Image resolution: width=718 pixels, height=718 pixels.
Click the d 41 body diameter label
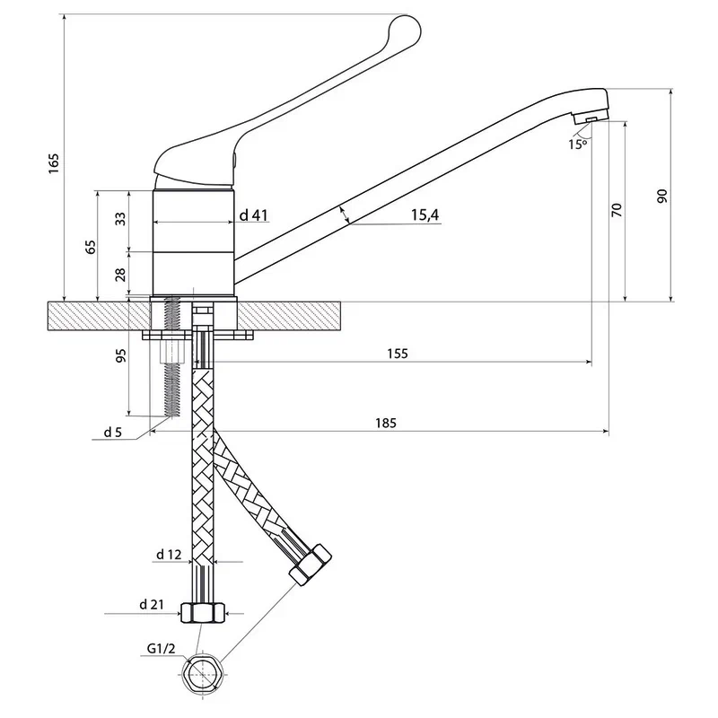point(255,215)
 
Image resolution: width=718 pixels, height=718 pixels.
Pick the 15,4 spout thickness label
point(425,215)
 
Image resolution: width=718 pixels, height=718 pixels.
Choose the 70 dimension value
point(616,210)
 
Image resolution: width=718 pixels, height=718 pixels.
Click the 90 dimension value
point(662,196)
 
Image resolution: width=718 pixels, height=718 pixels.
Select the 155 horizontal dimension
point(398,354)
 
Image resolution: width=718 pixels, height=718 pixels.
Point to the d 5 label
point(112,433)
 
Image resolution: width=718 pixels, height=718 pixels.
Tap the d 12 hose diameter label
point(168,556)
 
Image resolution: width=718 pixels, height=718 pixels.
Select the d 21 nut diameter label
point(153,604)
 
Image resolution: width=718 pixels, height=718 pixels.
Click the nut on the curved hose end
point(311,564)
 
